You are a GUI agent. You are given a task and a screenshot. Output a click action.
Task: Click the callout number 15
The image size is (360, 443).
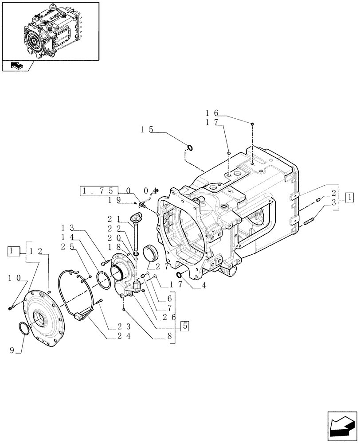coord(147,130)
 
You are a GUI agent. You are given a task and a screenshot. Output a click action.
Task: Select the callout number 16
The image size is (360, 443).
coord(211,113)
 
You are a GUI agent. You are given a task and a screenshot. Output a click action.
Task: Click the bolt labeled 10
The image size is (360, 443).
coord(11,307)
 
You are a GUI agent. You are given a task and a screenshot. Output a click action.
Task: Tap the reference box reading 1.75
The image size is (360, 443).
coord(99,191)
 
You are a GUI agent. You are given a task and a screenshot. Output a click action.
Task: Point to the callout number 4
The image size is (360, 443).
coord(203,286)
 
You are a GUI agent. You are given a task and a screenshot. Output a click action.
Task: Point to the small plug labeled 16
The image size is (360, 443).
coord(252,124)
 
